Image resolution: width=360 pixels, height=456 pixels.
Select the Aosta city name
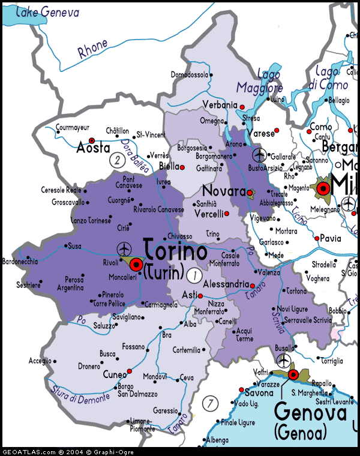point(93,148)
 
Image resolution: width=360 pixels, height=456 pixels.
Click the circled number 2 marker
point(117,160)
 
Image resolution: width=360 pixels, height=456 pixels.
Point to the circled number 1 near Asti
point(193,275)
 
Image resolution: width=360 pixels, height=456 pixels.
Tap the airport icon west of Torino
point(124,248)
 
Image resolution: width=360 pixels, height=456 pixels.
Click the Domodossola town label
point(190,75)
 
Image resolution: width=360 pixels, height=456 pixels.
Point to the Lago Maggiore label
point(259,81)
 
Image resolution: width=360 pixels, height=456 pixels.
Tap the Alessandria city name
point(226,284)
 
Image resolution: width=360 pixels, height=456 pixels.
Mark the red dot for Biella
point(182,167)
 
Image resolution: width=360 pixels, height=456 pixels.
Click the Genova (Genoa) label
point(310,421)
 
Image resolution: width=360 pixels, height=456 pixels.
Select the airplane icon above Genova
point(283,361)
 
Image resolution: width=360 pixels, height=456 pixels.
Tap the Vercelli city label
point(208,214)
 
